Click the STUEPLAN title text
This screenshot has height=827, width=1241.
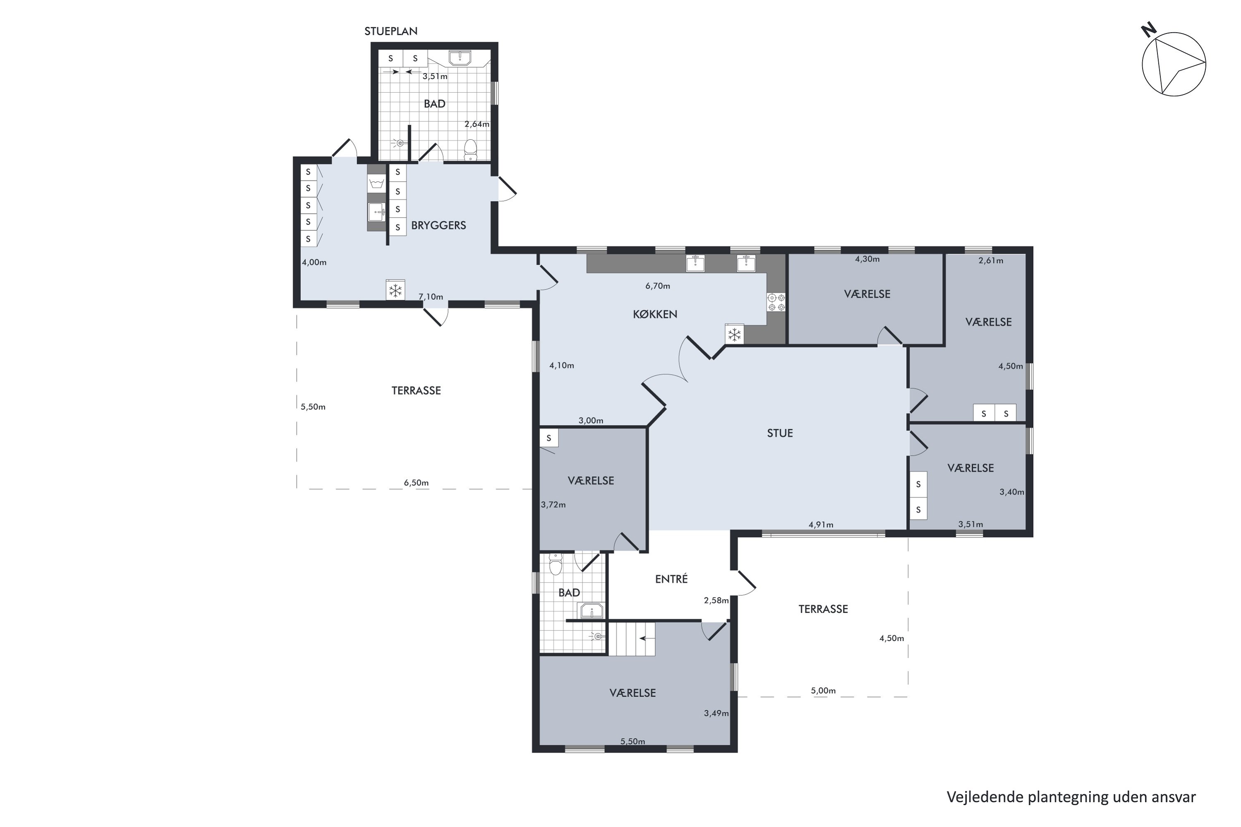pos(391,31)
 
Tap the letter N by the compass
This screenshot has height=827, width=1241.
pos(1149,30)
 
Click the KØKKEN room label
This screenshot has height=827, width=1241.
pos(655,314)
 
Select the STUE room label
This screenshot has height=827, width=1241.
pos(780,433)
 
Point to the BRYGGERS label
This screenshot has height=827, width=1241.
pos(438,225)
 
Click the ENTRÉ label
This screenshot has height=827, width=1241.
pos(671,579)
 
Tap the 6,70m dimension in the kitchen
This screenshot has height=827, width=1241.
pos(657,286)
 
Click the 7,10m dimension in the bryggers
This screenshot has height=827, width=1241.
pos(431,296)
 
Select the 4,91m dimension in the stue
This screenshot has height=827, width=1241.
pos(821,524)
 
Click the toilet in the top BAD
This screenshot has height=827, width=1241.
pos(470,149)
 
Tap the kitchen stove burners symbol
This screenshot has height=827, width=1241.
pos(776,302)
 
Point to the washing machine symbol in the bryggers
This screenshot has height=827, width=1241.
pos(376,184)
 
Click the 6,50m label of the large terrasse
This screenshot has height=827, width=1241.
pos(416,483)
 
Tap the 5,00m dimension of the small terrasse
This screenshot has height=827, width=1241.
pos(823,691)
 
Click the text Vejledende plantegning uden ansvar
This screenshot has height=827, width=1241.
pos(1071,797)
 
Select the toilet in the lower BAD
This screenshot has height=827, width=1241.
pos(555,564)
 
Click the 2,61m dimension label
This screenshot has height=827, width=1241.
pos(991,260)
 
